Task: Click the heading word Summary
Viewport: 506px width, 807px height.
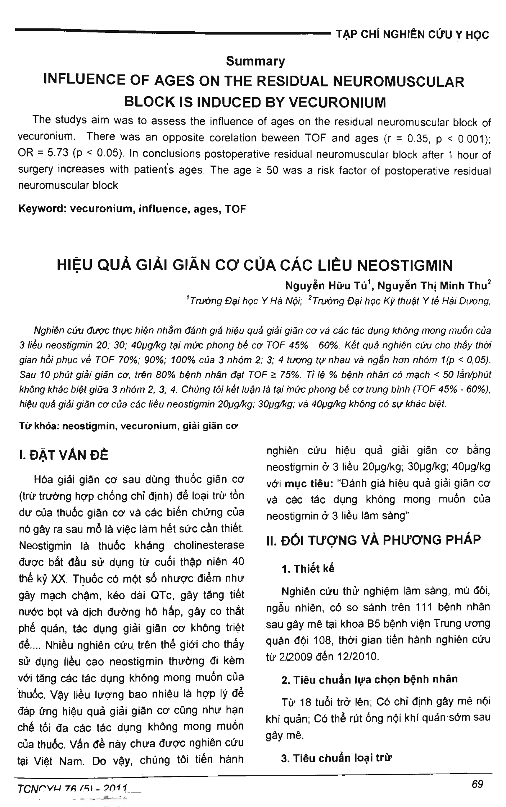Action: [255, 61]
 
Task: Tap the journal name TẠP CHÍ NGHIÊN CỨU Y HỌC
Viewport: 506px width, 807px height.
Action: [412, 35]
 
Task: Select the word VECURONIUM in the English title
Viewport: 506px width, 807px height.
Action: [337, 102]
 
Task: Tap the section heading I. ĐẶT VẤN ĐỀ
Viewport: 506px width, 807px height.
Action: [63, 455]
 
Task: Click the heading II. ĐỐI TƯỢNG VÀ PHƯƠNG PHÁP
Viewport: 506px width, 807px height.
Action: [373, 540]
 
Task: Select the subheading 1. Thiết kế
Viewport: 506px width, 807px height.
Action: [308, 569]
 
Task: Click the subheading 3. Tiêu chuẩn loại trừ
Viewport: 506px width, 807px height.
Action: [336, 758]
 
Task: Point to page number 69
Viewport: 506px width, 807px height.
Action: [477, 784]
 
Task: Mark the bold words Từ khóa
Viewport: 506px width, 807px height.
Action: [39, 426]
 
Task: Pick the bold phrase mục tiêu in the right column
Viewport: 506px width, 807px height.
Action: [309, 483]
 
